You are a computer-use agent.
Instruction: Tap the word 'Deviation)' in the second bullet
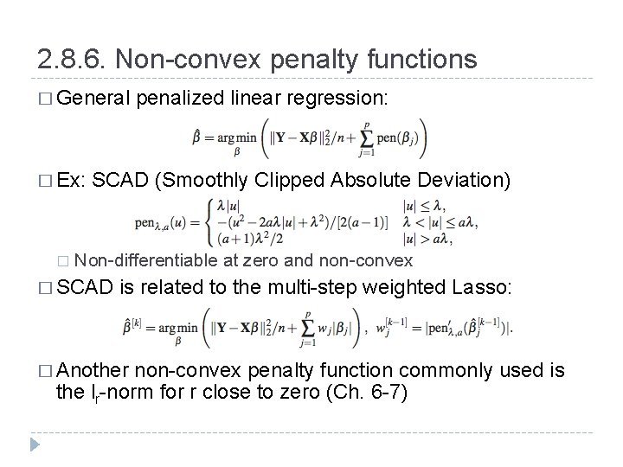coord(466,180)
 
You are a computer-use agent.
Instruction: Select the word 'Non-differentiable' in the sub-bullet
coord(146,260)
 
